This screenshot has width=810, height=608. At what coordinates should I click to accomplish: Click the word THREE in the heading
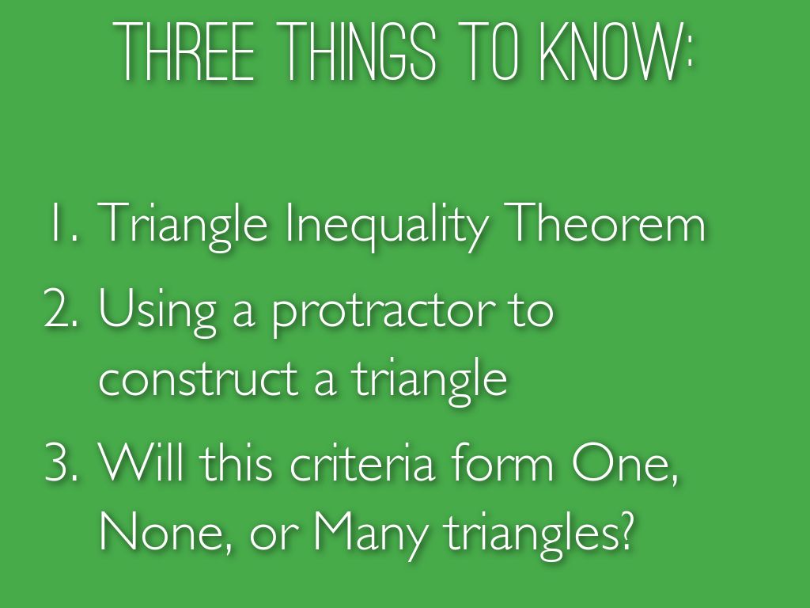click(x=187, y=51)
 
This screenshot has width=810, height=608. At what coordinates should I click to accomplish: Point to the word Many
click(x=369, y=537)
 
